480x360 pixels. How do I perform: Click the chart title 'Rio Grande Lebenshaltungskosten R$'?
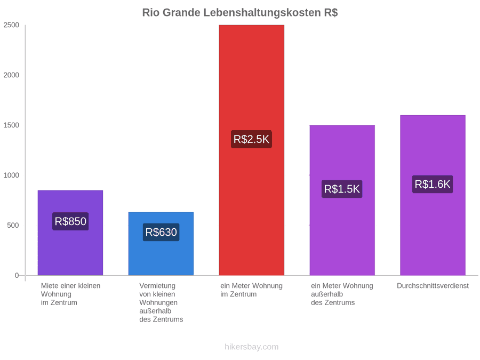pos(240,13)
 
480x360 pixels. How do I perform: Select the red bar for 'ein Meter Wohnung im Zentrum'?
pos(252,150)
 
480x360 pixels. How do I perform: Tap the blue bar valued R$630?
pos(161,244)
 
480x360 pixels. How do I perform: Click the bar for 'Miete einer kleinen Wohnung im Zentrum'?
pos(70,233)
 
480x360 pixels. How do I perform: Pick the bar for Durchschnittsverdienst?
pos(433,195)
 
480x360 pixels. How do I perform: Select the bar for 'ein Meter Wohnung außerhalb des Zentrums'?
pos(342,200)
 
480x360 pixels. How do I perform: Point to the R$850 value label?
pos(70,221)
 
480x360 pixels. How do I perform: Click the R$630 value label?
pos(161,233)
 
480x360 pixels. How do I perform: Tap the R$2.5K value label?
pos(251,139)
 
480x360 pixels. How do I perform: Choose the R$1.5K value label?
pos(342,189)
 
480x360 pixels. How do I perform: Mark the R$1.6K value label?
pos(433,185)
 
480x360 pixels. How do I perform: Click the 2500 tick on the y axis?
pos(11,25)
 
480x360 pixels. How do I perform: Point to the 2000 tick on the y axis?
pos(11,75)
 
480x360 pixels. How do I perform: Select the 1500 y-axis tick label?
pos(11,125)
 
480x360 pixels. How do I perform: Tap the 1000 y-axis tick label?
pos(11,175)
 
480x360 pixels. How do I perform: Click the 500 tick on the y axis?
pos(13,225)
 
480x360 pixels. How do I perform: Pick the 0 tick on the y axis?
pos(17,276)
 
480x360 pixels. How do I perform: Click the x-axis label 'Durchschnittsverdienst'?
pos(433,286)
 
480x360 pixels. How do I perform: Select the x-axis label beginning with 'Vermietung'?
pos(161,302)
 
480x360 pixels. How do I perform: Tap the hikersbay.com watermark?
pos(252,347)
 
